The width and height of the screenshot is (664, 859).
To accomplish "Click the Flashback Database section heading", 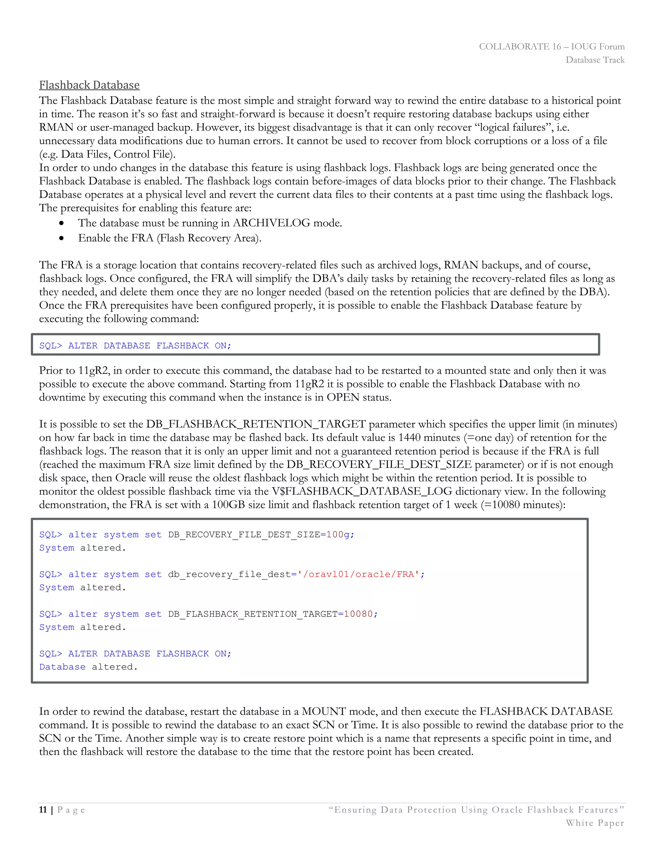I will point(89,85).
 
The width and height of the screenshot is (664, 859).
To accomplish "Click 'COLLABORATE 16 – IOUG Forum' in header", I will point(551,46).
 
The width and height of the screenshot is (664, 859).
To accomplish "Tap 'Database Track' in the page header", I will point(595,60).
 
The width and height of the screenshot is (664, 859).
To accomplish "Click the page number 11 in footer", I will point(43,810).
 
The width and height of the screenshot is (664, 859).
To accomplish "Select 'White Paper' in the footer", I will point(595,823).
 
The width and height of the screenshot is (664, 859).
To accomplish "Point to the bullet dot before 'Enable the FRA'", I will point(61,238).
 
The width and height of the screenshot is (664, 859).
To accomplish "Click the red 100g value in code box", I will point(338,535).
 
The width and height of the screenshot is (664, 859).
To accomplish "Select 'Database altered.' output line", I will point(89,667).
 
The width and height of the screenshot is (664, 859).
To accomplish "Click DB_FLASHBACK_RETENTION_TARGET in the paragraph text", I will point(256,424).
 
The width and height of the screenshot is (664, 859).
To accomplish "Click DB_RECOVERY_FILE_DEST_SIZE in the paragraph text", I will point(379,465).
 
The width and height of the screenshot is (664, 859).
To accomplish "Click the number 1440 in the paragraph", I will point(409,437).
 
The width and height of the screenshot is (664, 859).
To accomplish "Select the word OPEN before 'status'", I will point(343,397).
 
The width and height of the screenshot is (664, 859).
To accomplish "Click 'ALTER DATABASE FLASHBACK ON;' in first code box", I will point(149,346).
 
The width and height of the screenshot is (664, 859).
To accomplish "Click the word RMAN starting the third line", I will point(56,127).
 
